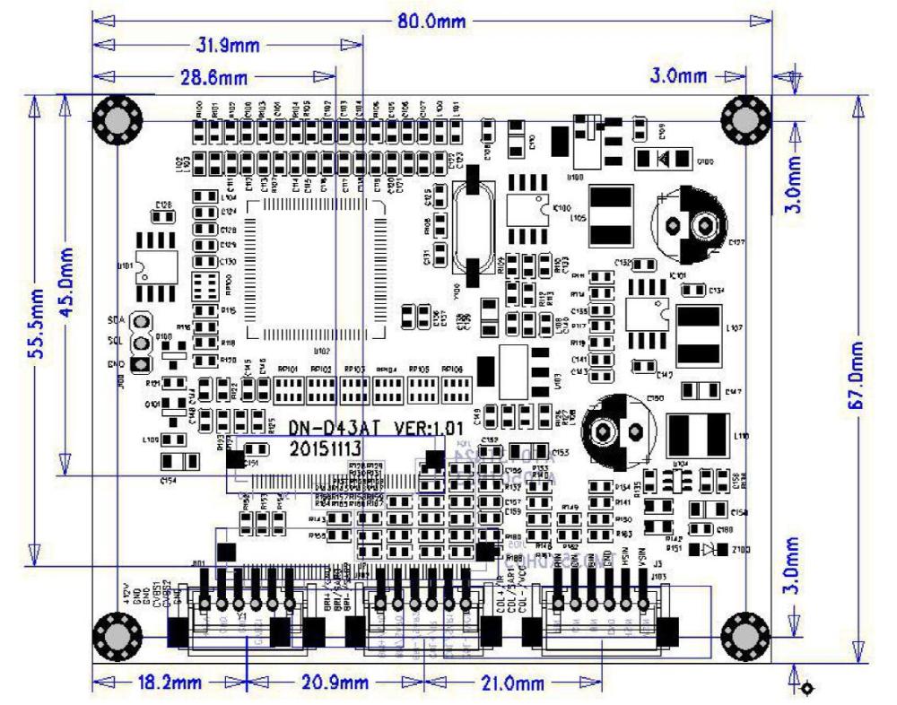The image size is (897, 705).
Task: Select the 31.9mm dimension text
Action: point(227,45)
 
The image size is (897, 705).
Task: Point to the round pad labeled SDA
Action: point(140,322)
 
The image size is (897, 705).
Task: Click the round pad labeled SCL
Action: point(140,343)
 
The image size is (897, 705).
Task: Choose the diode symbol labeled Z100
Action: point(710,547)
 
